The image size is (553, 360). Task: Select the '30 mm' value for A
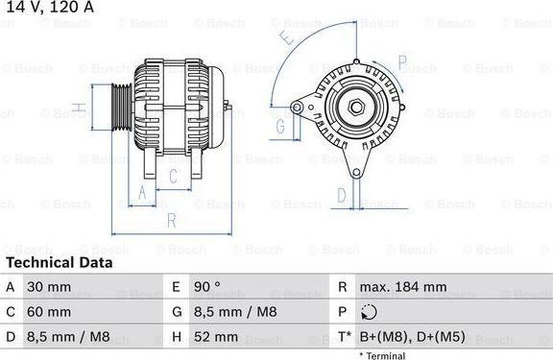pos(50,287)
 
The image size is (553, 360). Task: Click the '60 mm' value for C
pos(50,313)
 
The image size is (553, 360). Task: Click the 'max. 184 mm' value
pos(403,287)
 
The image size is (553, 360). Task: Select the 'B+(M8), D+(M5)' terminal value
pos(411,338)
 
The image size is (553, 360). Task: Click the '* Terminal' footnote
pos(382,355)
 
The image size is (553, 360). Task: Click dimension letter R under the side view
pos(170,221)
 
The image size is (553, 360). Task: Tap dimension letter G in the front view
pos(281,125)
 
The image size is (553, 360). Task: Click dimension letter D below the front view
pos(342,195)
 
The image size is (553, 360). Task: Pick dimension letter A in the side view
pos(142,192)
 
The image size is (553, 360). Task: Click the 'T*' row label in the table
pos(343,338)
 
